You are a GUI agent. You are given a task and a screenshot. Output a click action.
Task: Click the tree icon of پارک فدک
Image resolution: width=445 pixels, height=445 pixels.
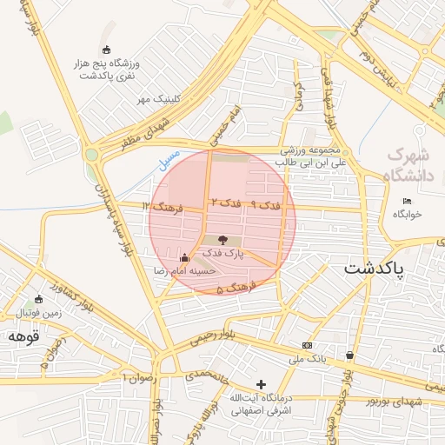(x=222, y=239)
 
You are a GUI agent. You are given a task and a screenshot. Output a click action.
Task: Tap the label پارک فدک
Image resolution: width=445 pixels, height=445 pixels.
(x=223, y=254)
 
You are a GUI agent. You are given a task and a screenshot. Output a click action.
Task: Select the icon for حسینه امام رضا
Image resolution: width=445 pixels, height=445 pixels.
(x=183, y=258)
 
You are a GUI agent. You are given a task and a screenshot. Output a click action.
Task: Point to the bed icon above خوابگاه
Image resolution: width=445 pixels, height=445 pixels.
(x=407, y=202)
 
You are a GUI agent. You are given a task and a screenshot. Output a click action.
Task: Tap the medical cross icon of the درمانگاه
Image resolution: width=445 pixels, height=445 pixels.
(x=261, y=383)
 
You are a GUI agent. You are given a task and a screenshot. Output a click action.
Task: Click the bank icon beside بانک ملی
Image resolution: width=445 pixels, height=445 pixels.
(x=305, y=345)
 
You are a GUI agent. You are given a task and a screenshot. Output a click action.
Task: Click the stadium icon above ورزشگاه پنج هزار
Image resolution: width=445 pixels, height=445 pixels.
(x=106, y=49)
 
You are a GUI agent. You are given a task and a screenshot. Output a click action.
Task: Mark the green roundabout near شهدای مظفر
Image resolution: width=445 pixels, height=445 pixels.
(x=92, y=156)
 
